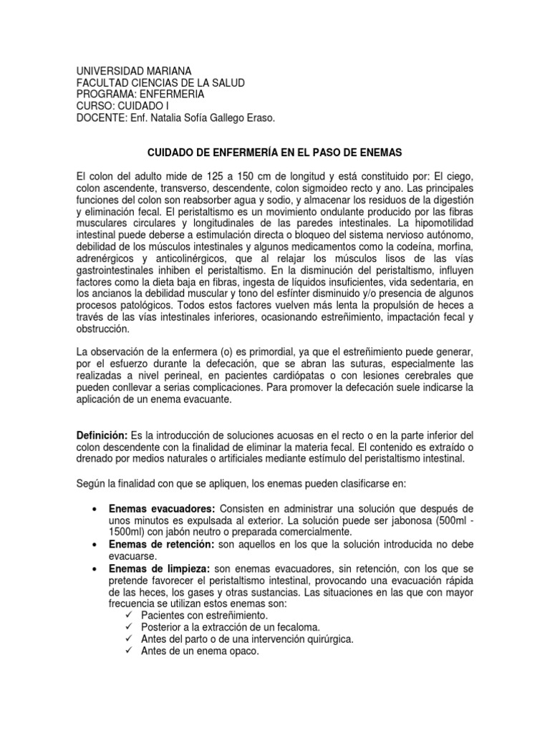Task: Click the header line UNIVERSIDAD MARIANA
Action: [x=133, y=71]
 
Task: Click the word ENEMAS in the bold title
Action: [x=378, y=152]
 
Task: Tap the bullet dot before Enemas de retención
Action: [x=95, y=545]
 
